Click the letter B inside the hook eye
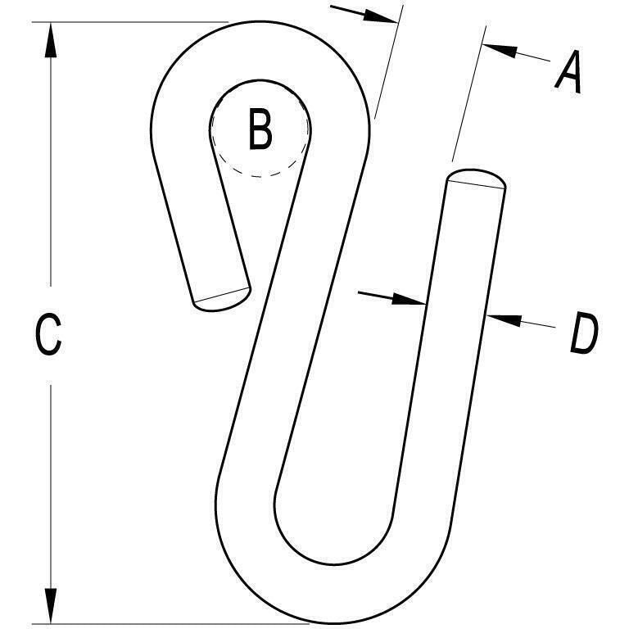[x=260, y=129]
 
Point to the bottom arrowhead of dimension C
[x=51, y=606]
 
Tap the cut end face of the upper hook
[x=222, y=298]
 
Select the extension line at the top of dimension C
[x=131, y=22]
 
